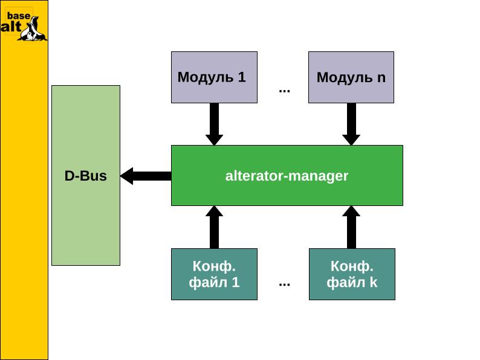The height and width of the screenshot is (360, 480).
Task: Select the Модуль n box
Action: (351, 77)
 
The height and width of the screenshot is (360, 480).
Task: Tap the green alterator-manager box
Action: (287, 175)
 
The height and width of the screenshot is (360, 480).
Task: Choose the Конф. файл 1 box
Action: (214, 274)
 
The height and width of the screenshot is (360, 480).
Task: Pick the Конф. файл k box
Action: (352, 274)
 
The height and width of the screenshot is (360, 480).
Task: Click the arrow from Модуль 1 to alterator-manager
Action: (214, 124)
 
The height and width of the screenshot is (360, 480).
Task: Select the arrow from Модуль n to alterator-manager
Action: (351, 124)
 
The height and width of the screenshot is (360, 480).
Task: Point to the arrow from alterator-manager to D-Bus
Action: (146, 176)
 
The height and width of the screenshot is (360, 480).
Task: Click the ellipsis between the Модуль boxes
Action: (284, 91)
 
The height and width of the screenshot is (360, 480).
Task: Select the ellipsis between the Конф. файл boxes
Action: (284, 283)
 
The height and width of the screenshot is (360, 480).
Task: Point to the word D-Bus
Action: (85, 176)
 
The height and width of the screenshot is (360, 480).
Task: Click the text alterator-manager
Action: (287, 176)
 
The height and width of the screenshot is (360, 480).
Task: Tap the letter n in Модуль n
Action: (381, 78)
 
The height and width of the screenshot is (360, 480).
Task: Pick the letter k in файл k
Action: (374, 282)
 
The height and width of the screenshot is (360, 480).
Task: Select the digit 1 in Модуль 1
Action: (242, 77)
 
